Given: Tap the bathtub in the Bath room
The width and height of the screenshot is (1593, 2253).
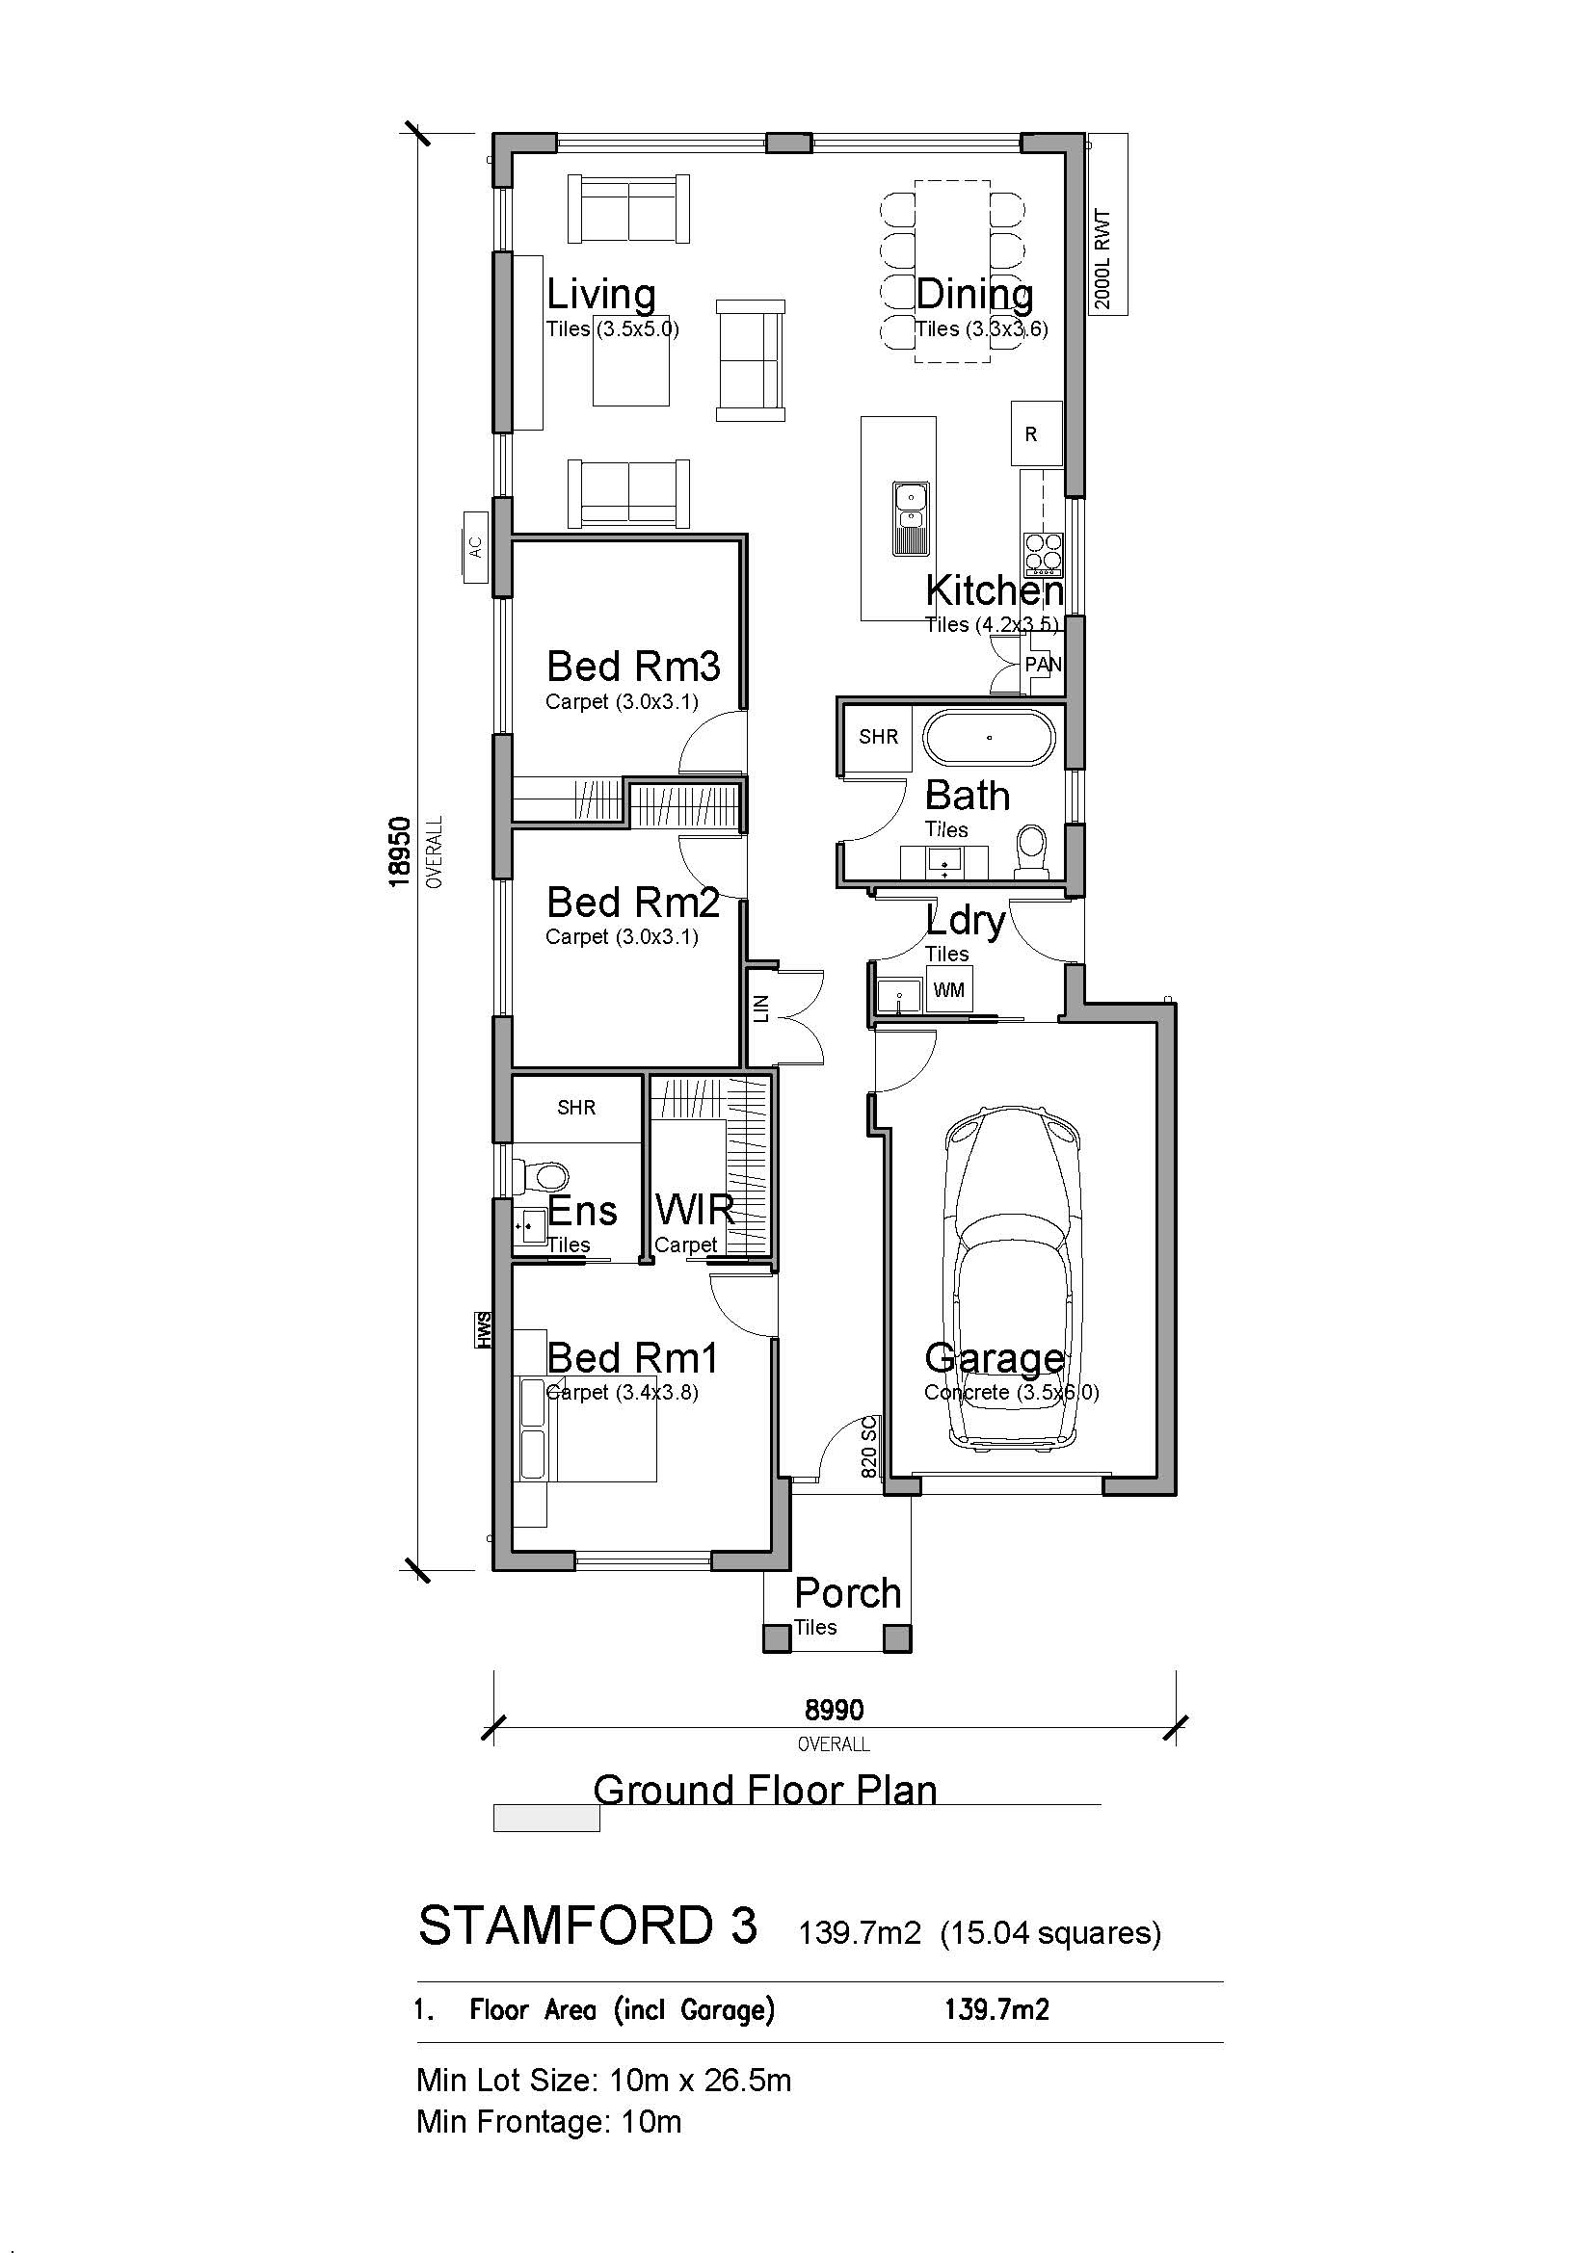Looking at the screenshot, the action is (x=991, y=738).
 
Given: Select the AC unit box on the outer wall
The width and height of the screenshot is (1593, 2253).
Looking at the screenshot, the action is (x=476, y=546).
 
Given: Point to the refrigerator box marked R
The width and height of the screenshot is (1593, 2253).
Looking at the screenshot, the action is (x=1037, y=432).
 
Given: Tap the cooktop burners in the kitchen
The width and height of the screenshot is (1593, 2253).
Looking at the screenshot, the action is (x=1044, y=554).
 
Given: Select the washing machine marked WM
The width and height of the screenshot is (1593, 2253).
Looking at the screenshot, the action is (x=948, y=990).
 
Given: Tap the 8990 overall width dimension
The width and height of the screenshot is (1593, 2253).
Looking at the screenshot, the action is (x=835, y=1711).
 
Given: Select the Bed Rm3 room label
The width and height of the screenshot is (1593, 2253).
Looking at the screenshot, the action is (x=633, y=667).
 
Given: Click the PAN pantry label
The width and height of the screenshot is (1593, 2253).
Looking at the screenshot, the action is (x=1043, y=665).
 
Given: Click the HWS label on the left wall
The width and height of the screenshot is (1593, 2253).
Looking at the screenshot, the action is (x=483, y=1329).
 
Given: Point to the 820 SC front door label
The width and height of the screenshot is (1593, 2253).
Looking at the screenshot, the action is (x=868, y=1448).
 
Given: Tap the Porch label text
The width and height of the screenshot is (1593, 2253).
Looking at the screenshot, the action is (x=847, y=1592).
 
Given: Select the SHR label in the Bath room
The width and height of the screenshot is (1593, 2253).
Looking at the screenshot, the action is (x=878, y=737).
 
